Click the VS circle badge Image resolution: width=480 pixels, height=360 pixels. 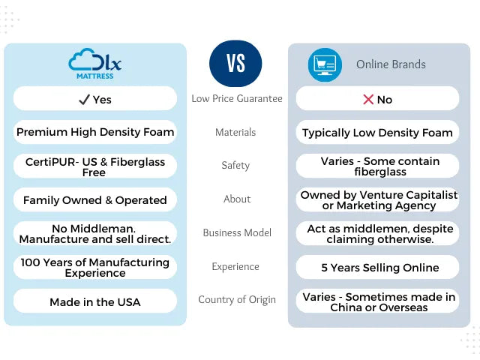[235, 63]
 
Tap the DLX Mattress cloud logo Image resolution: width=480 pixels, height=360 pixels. [95, 64]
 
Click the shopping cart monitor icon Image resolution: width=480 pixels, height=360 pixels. [325, 64]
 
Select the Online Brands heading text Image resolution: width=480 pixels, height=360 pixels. [391, 64]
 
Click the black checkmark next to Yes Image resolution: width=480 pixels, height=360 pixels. [84, 100]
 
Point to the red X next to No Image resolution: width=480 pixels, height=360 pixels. [368, 100]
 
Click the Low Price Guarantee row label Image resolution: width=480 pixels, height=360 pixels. [237, 98]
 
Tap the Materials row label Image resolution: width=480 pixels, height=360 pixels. [235, 132]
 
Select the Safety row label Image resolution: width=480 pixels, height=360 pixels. [235, 166]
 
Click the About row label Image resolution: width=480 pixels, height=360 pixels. [237, 199]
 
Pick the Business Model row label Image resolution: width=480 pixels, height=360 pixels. [237, 232]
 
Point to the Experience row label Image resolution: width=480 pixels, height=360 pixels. [235, 267]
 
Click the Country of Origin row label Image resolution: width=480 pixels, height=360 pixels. [237, 300]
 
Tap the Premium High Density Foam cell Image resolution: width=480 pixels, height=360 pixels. [95, 132]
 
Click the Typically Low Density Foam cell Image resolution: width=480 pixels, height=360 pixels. [377, 133]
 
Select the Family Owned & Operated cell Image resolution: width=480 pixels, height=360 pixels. [95, 200]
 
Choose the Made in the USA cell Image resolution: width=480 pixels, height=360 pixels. [95, 301]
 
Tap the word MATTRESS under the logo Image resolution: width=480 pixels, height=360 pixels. [95, 76]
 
